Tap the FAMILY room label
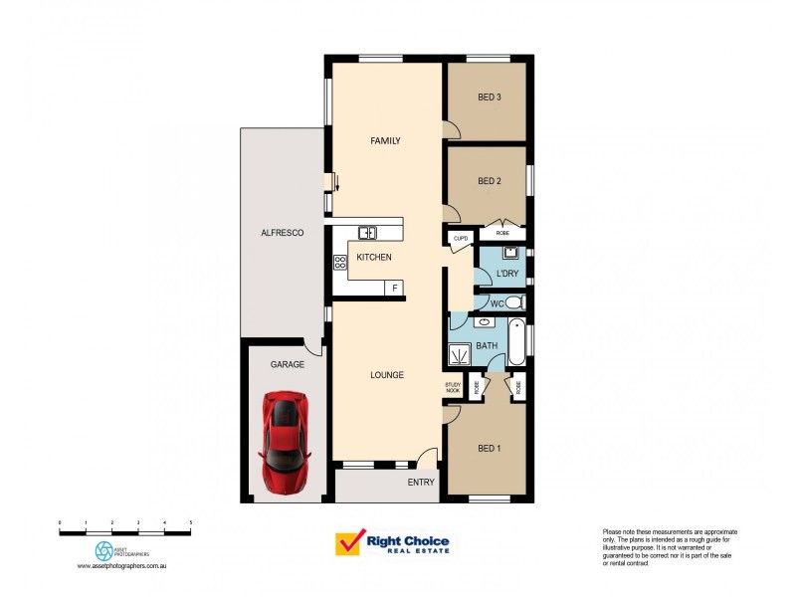pyautogui.click(x=385, y=141)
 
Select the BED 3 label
pyautogui.click(x=489, y=97)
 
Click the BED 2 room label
pyautogui.click(x=489, y=181)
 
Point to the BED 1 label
pyautogui.click(x=489, y=448)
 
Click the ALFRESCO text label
pyautogui.click(x=282, y=232)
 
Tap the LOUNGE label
pyautogui.click(x=386, y=375)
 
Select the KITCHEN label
pyautogui.click(x=374, y=258)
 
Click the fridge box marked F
pyautogui.click(x=394, y=289)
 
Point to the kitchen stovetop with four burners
pyautogui.click(x=339, y=262)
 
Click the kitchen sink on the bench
pyautogui.click(x=367, y=233)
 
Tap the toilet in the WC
pyautogui.click(x=513, y=302)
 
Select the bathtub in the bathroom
pyautogui.click(x=516, y=344)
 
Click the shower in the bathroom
pyautogui.click(x=461, y=353)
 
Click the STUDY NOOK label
pyautogui.click(x=454, y=388)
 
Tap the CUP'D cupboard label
pyautogui.click(x=461, y=239)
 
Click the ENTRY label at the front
pyautogui.click(x=421, y=483)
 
